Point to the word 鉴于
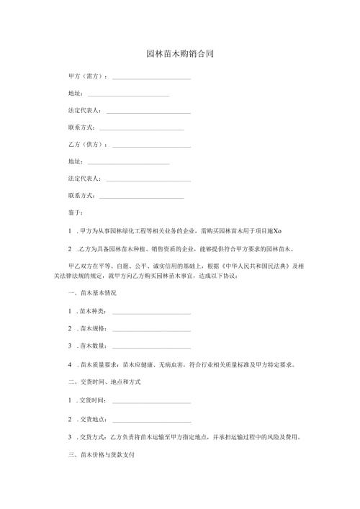point(74,212)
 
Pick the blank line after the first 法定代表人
point(148,111)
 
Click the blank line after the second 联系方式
point(141,196)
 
